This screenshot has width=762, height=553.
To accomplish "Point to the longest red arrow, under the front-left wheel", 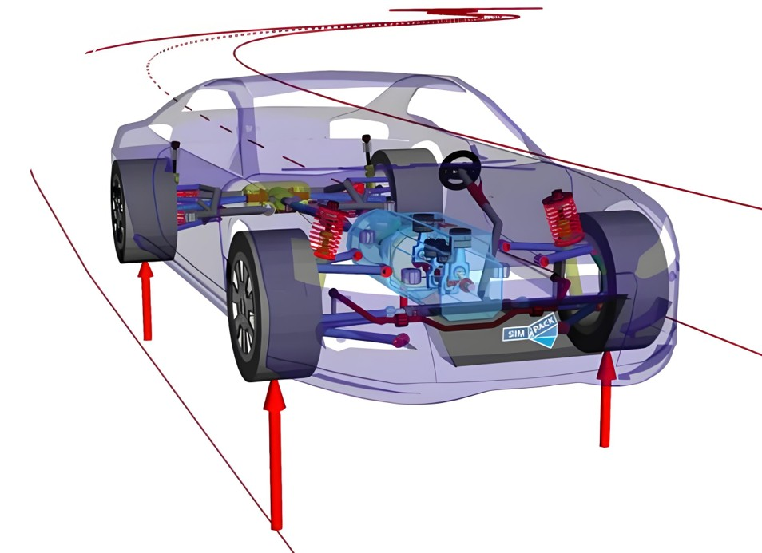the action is [275, 454].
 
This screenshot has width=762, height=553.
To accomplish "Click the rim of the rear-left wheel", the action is [118, 211].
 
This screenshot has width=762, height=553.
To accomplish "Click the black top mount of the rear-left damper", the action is [175, 146].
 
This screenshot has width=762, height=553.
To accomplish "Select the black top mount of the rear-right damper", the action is [366, 140].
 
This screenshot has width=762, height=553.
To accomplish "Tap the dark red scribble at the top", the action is [466, 14].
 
